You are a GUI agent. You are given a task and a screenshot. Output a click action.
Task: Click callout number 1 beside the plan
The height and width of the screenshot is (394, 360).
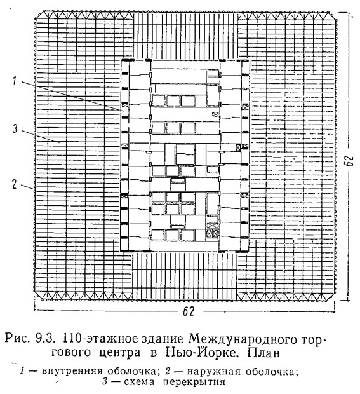point(15,81)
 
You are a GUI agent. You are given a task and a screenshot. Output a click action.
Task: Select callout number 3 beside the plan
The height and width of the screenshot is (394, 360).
point(15,128)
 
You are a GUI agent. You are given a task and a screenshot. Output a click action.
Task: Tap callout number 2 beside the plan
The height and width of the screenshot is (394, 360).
point(15,184)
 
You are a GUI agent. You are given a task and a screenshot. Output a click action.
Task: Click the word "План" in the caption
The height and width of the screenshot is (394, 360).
point(263,353)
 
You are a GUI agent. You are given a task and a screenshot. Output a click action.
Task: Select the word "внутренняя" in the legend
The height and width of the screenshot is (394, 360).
point(72,371)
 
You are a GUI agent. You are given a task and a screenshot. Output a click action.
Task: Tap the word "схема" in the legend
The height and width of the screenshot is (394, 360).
point(139,382)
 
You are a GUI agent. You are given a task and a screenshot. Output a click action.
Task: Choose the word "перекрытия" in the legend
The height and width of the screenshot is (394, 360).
point(194,382)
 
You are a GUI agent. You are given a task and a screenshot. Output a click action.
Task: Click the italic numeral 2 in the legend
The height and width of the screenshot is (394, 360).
point(168,371)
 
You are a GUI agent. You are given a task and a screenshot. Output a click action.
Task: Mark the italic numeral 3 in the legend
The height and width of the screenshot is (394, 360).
point(105,382)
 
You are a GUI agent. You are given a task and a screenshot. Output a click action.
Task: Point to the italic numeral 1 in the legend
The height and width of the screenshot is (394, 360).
point(22,371)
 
